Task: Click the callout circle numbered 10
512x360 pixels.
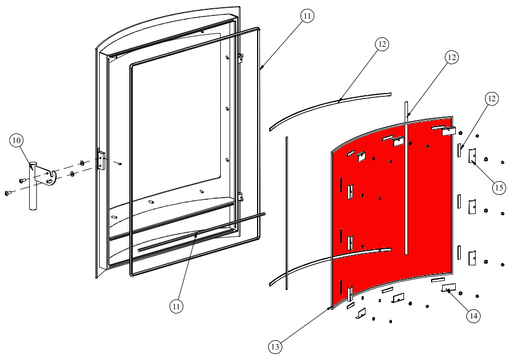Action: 17,140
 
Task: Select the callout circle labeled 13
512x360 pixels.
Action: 275,347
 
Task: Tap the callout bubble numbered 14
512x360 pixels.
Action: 474,315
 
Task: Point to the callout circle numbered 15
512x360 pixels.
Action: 499,188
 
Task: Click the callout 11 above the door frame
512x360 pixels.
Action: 307,15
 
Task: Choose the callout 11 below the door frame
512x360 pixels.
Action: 176,306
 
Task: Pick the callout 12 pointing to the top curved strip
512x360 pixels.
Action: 382,43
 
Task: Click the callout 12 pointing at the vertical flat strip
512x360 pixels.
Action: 451,57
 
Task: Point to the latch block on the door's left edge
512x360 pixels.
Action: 101,160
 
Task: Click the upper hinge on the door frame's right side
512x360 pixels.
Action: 241,58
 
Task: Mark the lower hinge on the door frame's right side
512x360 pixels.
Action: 241,197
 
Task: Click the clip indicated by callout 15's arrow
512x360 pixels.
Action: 472,156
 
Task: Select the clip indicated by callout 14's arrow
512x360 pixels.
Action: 449,287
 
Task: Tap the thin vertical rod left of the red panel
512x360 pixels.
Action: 287,213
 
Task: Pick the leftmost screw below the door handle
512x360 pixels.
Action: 7,193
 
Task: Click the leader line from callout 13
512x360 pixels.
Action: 304,324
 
